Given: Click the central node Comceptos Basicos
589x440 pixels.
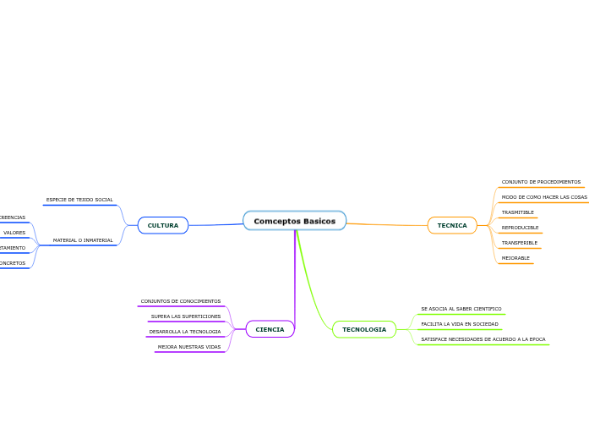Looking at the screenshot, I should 294,221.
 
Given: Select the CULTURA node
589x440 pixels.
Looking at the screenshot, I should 163,225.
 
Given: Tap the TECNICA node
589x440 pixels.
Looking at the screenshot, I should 452,225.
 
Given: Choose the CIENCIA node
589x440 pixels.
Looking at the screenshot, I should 270,329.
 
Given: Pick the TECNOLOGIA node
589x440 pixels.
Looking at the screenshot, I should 364,329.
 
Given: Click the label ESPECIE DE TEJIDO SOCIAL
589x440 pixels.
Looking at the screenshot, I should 79,200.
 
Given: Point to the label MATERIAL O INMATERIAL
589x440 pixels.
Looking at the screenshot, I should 83,240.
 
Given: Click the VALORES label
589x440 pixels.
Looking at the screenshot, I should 14,233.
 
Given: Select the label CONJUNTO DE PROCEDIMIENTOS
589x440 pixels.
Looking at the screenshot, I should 541,182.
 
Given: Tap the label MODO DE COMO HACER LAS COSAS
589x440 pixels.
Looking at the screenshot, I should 544,197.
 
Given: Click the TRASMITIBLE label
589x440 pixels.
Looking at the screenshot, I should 517,212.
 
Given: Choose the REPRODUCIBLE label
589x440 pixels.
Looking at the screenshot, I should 520,228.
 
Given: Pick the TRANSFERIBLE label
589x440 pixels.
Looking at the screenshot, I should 519,243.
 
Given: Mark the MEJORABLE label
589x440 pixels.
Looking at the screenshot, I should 515,258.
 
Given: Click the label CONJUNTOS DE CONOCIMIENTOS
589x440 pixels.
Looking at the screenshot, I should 181,301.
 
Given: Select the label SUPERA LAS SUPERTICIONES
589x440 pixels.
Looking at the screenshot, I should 186,316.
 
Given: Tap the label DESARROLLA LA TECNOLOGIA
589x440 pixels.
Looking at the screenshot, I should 185,332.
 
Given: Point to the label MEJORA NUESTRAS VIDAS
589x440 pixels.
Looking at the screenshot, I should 189,347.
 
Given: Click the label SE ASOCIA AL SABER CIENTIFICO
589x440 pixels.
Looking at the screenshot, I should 461,309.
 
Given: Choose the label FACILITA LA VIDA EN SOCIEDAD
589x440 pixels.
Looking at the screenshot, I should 460,324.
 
